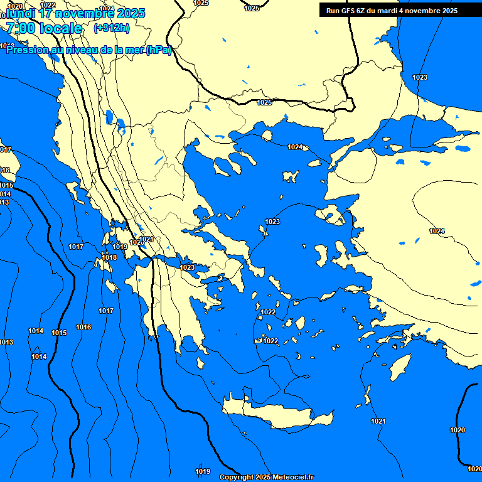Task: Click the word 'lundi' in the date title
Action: coord(20,13)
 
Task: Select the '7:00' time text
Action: coord(20,28)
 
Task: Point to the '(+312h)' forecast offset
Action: coord(111,28)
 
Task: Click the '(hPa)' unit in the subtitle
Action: coord(158,50)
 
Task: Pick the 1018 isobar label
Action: coord(109,257)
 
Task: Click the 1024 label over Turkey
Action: coord(437,232)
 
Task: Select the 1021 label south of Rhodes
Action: coord(378,421)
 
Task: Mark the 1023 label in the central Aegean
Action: coord(272,222)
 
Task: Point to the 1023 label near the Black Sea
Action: coord(420,77)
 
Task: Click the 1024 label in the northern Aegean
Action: coord(295,147)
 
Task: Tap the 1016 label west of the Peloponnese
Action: coord(83,327)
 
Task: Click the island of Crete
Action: coord(276,414)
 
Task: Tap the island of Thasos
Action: coord(267,136)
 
